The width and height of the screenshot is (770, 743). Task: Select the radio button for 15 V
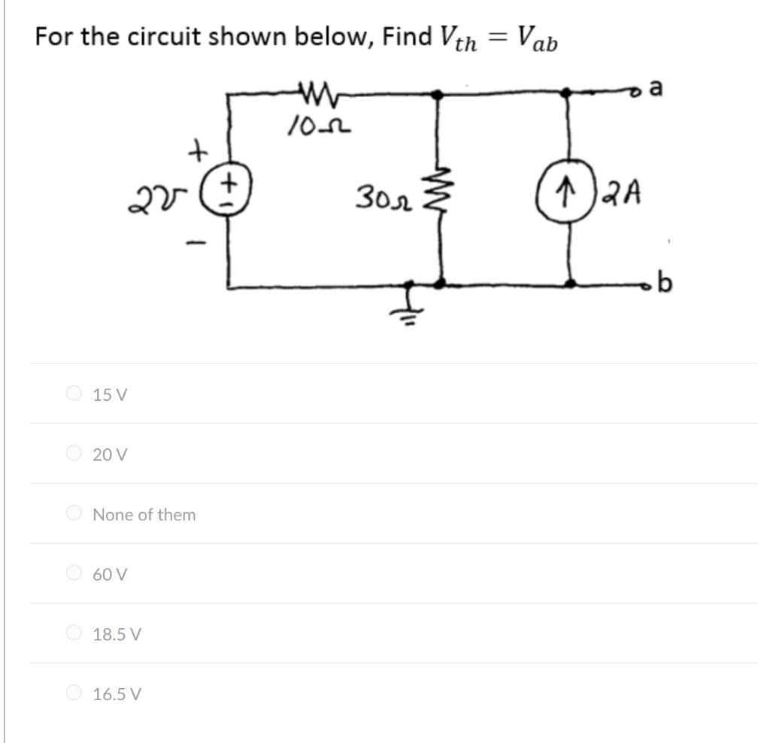pos(74,393)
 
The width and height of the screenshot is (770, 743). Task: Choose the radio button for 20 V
pos(74,453)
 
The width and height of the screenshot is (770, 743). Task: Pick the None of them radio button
pos(74,514)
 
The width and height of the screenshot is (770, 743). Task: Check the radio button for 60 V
pos(74,574)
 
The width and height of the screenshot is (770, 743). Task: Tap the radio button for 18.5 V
pos(74,634)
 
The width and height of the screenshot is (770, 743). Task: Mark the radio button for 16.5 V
pos(74,693)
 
